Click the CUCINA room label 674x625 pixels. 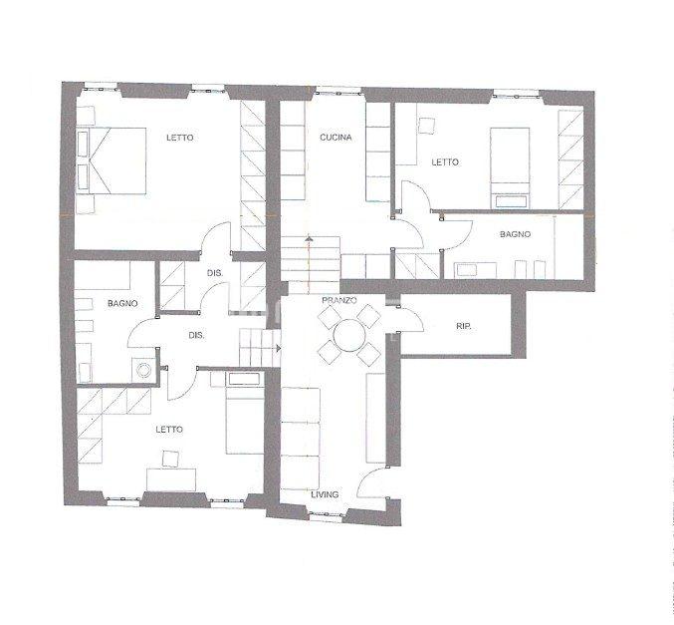(x=336, y=138)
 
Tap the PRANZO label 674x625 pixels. (x=339, y=300)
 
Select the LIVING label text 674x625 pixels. (x=325, y=495)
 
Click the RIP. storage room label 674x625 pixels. (x=463, y=326)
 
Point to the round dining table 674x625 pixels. (x=349, y=336)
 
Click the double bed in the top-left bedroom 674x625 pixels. (x=112, y=161)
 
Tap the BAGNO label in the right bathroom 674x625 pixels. (x=515, y=234)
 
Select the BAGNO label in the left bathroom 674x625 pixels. (x=122, y=303)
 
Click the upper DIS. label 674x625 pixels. (x=215, y=273)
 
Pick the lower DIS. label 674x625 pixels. (x=196, y=335)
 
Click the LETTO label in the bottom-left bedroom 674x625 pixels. (x=169, y=430)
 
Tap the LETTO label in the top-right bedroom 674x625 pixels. (x=445, y=162)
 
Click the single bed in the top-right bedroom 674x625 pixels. (x=510, y=167)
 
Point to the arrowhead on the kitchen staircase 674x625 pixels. (x=309, y=237)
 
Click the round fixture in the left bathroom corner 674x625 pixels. (x=143, y=369)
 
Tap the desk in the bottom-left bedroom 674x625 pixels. (x=171, y=479)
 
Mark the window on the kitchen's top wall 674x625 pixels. (x=338, y=91)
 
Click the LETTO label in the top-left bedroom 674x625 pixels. (x=179, y=138)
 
